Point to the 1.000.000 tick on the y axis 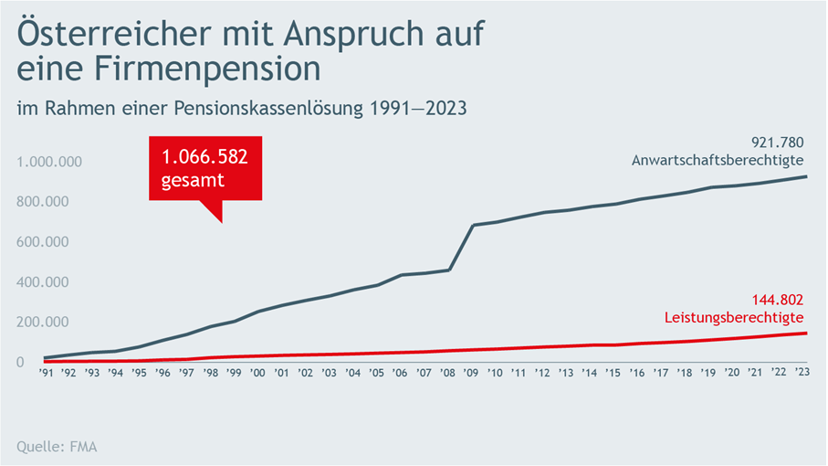50,162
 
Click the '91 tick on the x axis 46,372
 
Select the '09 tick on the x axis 471,372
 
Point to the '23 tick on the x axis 802,372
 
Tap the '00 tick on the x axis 258,372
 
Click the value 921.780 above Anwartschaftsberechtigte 776,142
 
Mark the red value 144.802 776,299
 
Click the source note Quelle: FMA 58,447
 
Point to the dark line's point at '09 472,225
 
